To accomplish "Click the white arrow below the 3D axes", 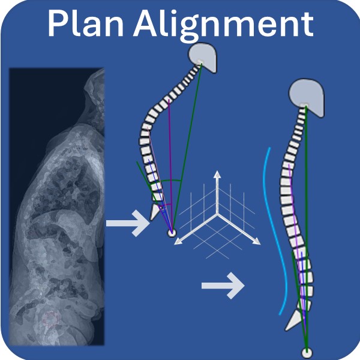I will tap(223, 286).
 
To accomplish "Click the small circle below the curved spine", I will tap(172, 232).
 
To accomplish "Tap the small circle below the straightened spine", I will tap(307, 352).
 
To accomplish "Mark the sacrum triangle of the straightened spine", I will tap(294, 319).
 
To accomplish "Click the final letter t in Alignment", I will tap(306, 25).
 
